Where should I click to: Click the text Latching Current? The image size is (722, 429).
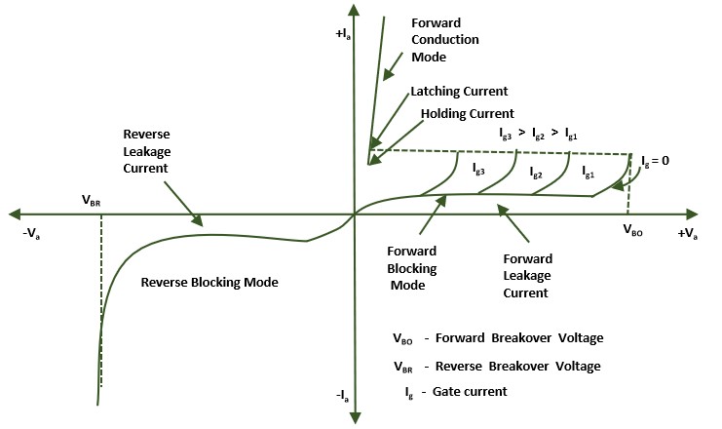(x=459, y=91)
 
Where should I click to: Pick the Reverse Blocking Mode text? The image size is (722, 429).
(x=209, y=282)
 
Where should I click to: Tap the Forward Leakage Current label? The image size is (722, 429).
(x=527, y=275)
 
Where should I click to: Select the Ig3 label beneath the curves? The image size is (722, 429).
(x=479, y=170)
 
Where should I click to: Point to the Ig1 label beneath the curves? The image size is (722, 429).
(x=588, y=172)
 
